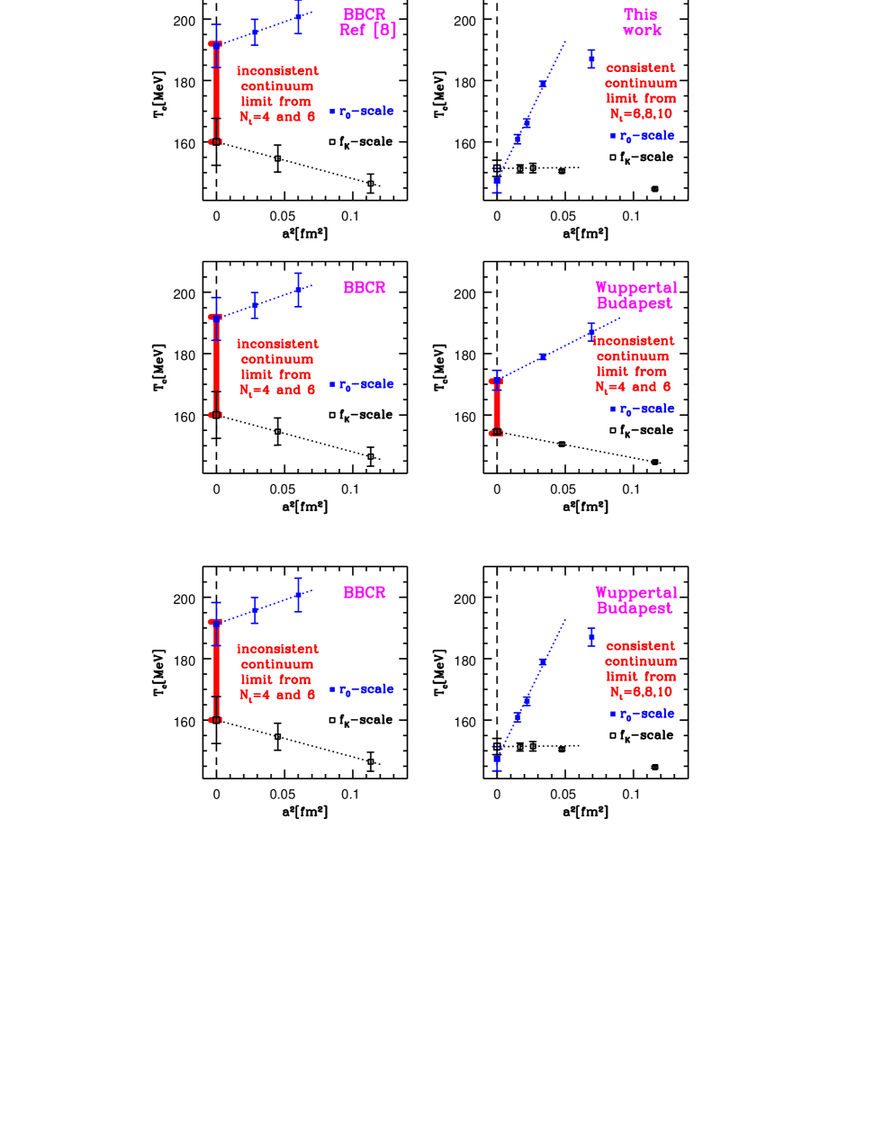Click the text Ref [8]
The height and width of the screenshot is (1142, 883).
(x=367, y=31)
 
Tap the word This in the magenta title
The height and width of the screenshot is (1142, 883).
(x=640, y=14)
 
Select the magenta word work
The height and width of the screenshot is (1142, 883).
(x=642, y=31)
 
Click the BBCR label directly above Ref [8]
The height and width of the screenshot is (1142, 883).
(x=365, y=14)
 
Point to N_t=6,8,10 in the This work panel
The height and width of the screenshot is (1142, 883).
(x=640, y=114)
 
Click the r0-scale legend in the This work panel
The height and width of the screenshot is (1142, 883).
(x=642, y=136)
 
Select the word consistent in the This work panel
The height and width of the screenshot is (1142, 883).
(x=640, y=68)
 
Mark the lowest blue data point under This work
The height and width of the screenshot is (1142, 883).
(x=496, y=181)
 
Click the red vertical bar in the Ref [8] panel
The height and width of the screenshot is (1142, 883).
(x=216, y=90)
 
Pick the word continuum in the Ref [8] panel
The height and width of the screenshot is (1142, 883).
(x=277, y=86)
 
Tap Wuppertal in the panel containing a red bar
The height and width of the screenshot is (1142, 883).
(x=635, y=288)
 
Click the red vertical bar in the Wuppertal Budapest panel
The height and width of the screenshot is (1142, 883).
(x=496, y=407)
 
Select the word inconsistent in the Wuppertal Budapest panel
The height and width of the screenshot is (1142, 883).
(x=633, y=341)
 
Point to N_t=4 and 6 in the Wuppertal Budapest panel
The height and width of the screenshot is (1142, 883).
(x=633, y=387)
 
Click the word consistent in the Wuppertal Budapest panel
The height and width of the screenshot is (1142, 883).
(x=640, y=646)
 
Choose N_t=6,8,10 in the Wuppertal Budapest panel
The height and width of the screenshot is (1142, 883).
(x=640, y=692)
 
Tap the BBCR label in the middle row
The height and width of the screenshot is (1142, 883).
(x=365, y=288)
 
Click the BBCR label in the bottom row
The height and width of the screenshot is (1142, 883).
(x=365, y=593)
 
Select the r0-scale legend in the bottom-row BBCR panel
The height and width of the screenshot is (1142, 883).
(x=362, y=690)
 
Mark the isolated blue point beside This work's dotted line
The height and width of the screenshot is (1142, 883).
(x=591, y=59)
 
